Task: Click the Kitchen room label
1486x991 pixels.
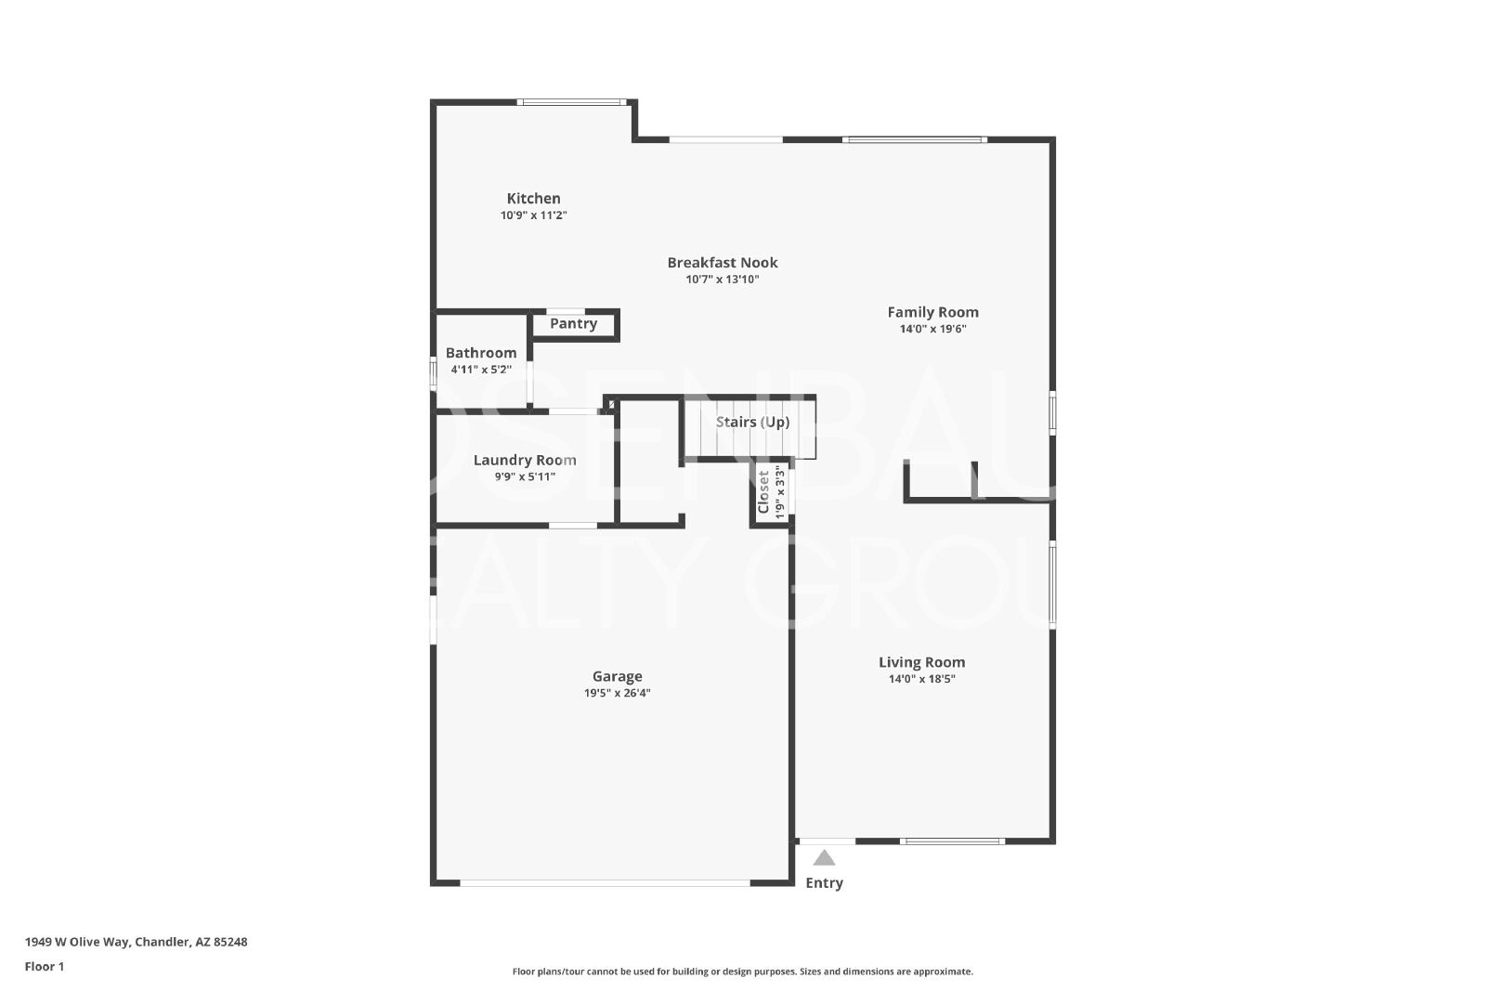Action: coord(533,199)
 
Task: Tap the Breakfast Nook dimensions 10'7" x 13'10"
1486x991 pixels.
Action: coord(723,280)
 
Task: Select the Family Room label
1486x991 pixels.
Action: coord(932,312)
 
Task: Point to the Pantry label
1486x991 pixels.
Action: coord(573,324)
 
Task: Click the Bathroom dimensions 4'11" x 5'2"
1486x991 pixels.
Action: coord(481,370)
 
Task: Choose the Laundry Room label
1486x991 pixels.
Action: coord(525,461)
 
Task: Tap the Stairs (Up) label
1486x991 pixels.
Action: coord(752,423)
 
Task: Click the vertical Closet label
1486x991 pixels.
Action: coord(763,491)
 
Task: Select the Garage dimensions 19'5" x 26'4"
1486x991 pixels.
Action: coord(617,693)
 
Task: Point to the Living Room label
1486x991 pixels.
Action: coord(921,662)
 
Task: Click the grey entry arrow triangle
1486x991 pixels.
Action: coord(824,857)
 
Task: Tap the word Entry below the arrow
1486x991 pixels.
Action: coord(824,883)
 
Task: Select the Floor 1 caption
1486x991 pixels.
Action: coord(45,967)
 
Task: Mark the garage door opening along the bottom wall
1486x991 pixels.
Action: coord(605,883)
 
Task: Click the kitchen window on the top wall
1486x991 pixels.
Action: coord(572,102)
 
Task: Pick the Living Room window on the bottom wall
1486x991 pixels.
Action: coord(952,841)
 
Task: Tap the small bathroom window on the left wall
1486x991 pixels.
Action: coord(433,372)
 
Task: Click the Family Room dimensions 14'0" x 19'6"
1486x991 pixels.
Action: coord(932,329)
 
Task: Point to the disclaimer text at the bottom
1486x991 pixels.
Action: coord(742,971)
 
